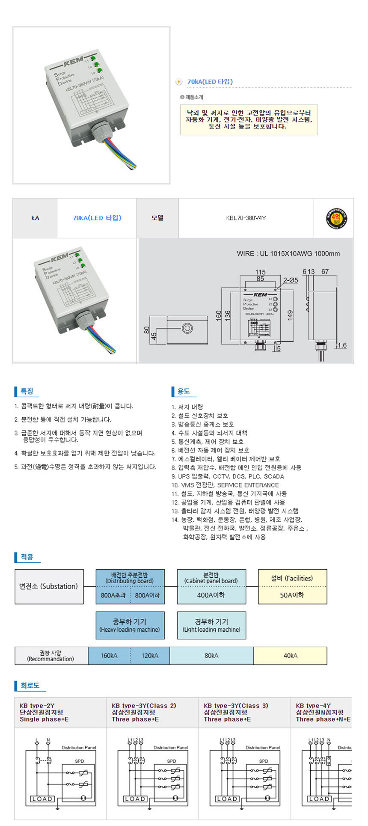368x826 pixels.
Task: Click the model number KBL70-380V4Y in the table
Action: tap(246, 218)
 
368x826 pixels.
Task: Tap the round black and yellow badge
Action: tap(336, 218)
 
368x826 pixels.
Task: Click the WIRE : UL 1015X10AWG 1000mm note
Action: tap(288, 253)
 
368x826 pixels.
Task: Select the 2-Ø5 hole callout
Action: tap(291, 280)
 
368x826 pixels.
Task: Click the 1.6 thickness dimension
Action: tap(342, 345)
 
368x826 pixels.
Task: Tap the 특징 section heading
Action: tap(27, 391)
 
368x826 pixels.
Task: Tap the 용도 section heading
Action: tap(184, 391)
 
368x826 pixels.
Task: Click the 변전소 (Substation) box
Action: tap(49, 586)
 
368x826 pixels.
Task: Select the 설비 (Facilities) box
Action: tap(292, 579)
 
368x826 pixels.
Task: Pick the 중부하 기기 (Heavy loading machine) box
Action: tap(130, 625)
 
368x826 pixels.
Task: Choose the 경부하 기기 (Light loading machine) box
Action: tap(211, 625)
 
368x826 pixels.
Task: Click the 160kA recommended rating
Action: tap(109, 655)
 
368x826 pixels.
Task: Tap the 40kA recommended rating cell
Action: tap(290, 655)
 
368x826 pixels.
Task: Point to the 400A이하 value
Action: tap(211, 595)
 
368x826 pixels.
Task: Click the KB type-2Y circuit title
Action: tap(37, 705)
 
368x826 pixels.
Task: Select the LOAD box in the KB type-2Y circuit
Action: tap(42, 799)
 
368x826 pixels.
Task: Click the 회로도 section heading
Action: tap(30, 685)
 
